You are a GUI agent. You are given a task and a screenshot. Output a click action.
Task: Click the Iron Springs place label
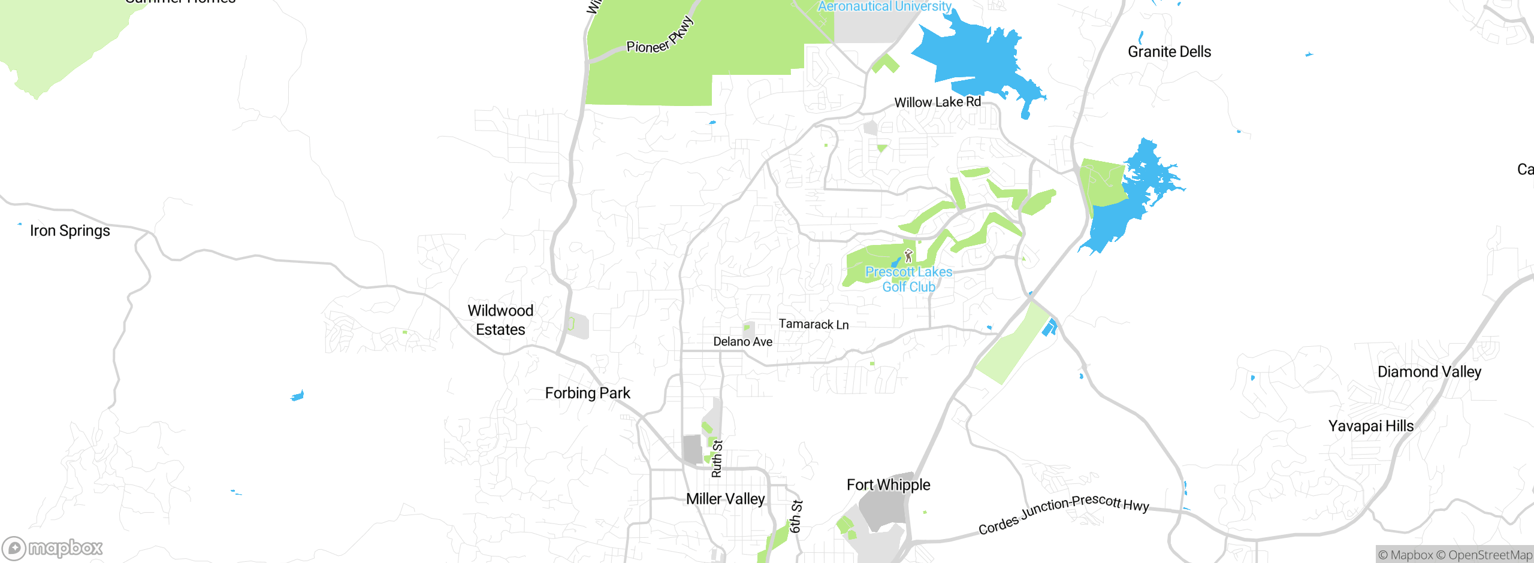[x=70, y=231]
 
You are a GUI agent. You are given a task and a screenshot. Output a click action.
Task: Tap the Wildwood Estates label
[x=500, y=320]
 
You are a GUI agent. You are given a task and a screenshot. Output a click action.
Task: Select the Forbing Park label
[x=587, y=393]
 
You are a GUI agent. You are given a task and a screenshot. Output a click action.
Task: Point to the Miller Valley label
[x=725, y=499]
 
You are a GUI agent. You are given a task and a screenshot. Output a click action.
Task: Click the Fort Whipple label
[x=888, y=485]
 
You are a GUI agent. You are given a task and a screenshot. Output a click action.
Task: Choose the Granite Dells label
[x=1169, y=52]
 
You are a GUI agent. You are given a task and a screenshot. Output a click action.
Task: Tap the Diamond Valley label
[x=1429, y=371]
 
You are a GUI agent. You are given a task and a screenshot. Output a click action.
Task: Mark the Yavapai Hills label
[x=1371, y=426]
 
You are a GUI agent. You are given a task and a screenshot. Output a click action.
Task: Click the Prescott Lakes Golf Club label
[x=908, y=280]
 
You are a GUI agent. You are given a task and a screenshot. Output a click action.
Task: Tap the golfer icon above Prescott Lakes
[x=908, y=256]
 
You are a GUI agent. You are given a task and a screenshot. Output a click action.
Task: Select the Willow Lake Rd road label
[x=937, y=102]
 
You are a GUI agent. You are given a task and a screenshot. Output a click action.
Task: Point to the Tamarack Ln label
[x=813, y=324]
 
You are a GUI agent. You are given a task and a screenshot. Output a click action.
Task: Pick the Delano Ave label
[x=742, y=341]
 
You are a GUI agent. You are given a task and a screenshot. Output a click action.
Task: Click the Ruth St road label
[x=717, y=459]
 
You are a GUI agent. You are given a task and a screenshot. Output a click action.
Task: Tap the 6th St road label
[x=796, y=516]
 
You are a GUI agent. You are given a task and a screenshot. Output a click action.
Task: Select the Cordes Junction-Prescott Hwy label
[x=1064, y=514]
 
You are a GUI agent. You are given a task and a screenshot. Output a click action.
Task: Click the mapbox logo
[x=53, y=548]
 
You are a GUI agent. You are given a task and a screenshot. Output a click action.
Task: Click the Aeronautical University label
[x=884, y=6]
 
